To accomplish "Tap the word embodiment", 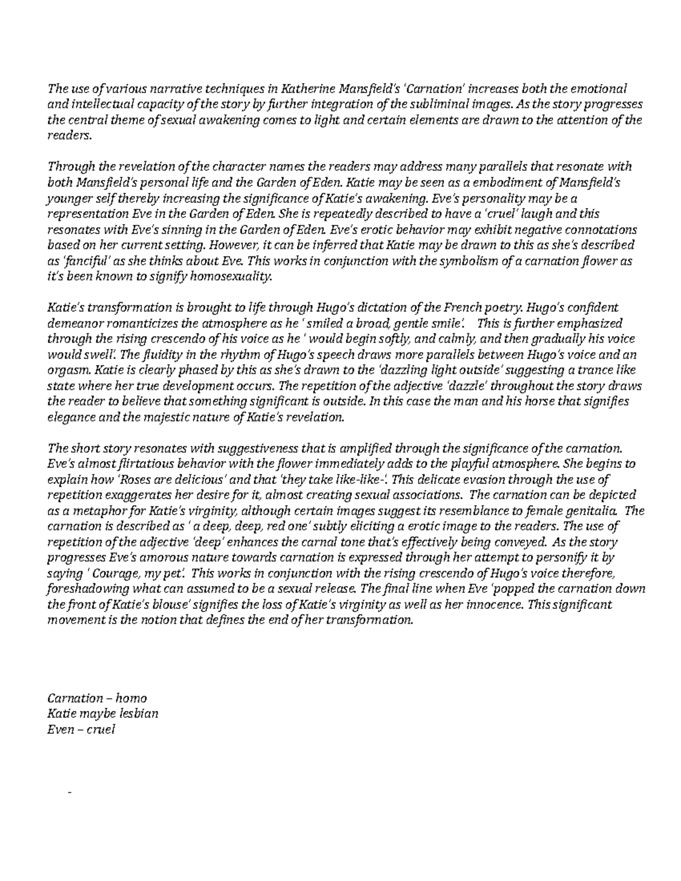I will [502, 183].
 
